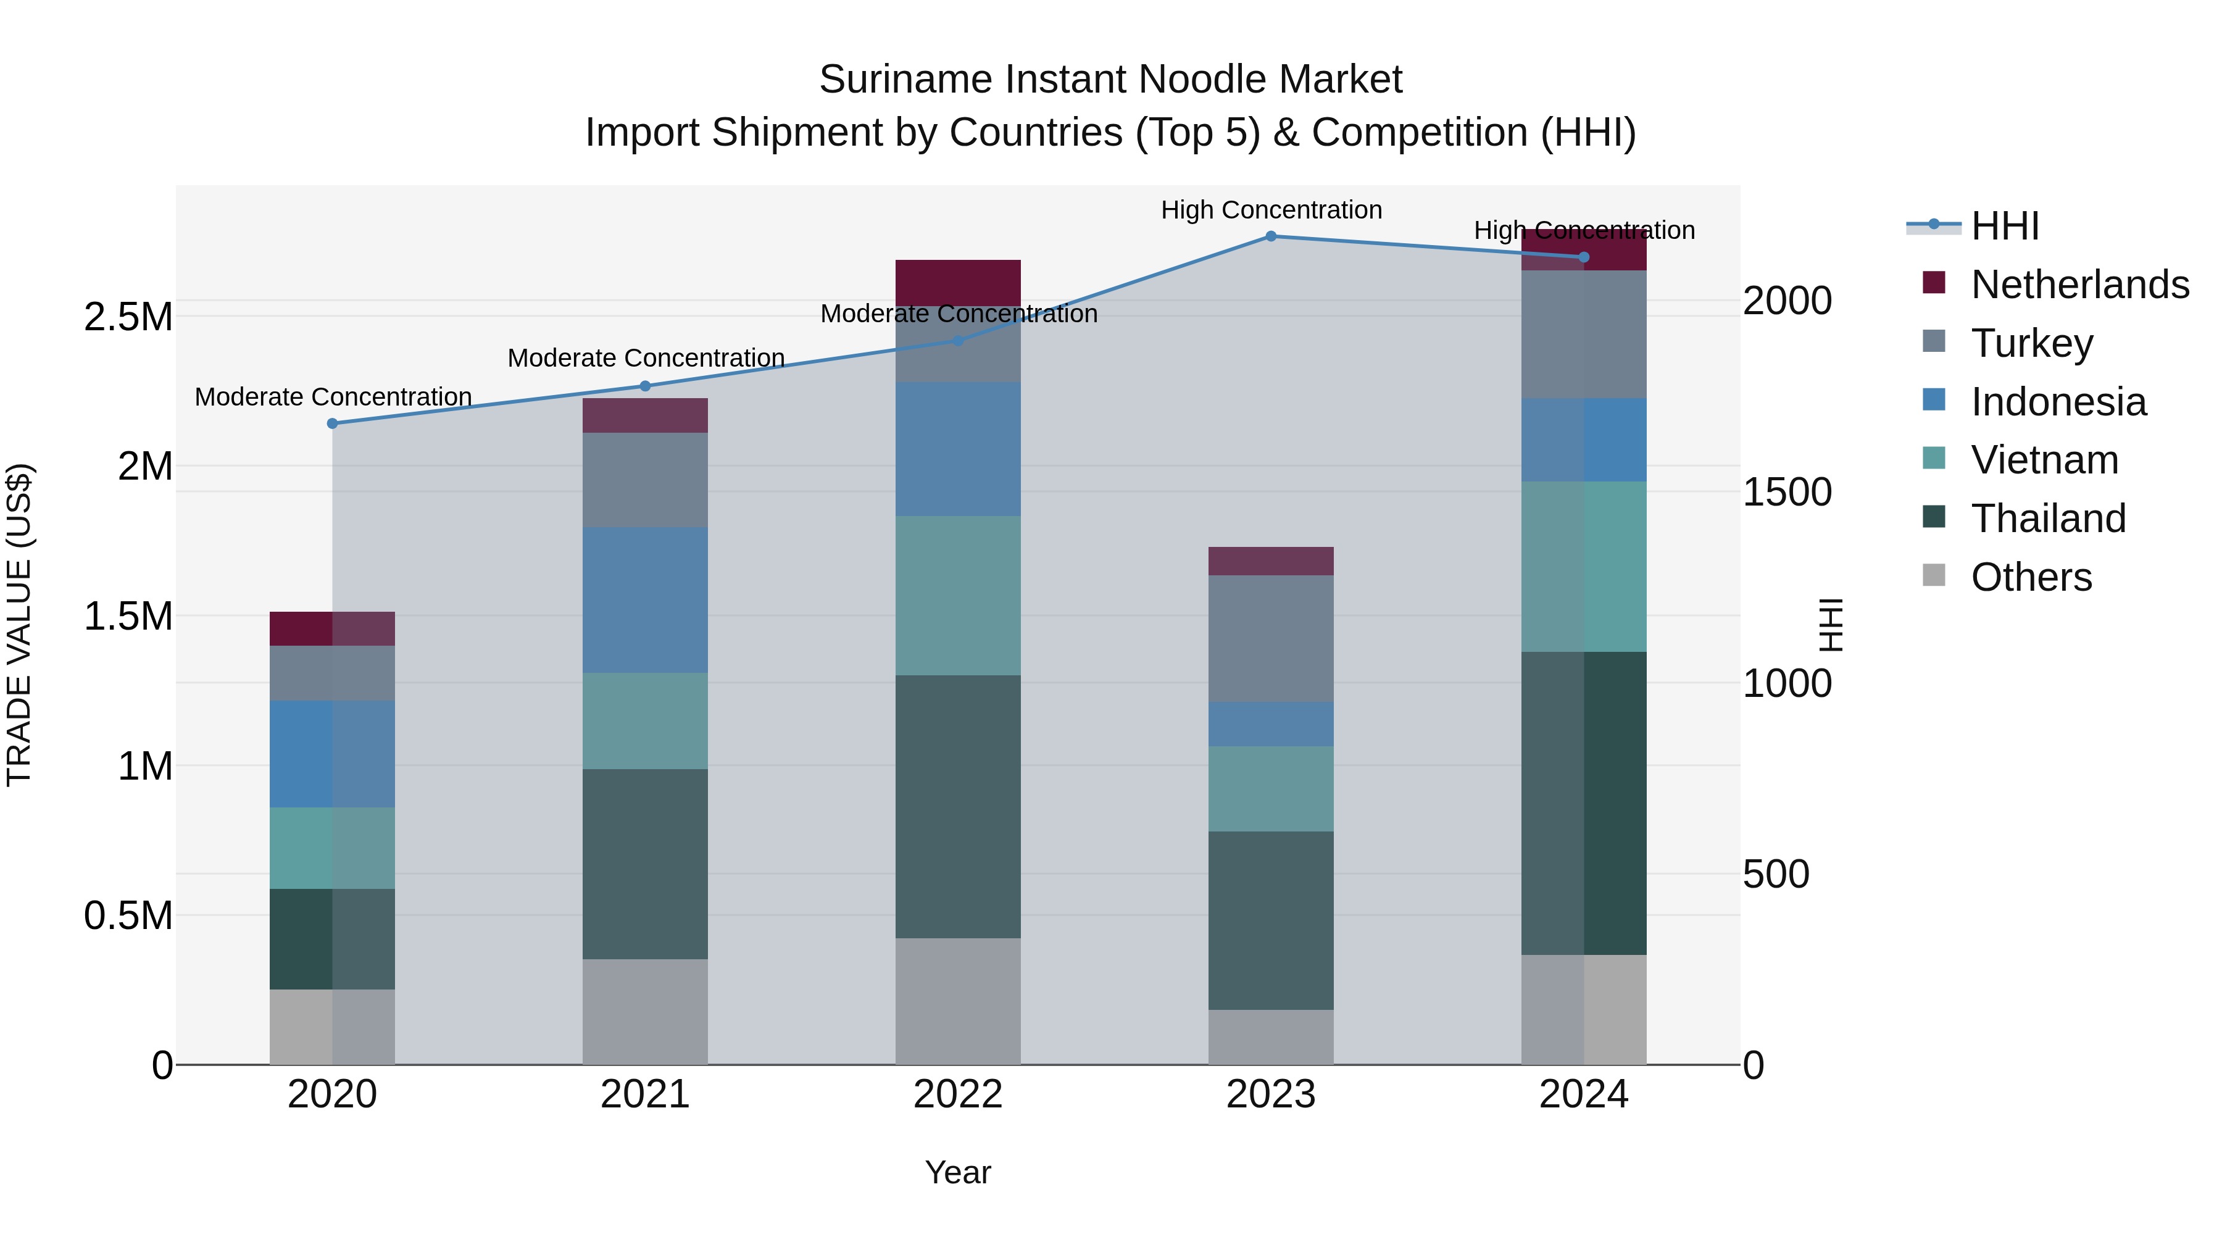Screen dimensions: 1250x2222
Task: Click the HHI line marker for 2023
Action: coord(1271,236)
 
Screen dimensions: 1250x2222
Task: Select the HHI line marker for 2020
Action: coord(332,423)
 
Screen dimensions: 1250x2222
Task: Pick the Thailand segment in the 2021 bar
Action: coord(644,864)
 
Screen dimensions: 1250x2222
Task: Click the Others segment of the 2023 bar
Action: coord(1271,1037)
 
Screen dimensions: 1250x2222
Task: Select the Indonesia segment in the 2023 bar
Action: coord(1271,725)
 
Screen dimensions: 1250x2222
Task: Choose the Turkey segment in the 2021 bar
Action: coord(644,480)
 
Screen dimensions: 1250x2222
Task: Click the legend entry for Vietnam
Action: coord(2044,460)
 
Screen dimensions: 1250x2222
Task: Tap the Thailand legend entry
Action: coord(2048,519)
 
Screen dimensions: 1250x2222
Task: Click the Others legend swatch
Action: coord(1934,575)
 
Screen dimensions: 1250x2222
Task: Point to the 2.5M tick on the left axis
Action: coord(128,317)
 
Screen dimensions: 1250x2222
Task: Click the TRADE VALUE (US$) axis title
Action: coord(19,625)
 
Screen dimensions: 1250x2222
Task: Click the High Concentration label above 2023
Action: coord(1271,210)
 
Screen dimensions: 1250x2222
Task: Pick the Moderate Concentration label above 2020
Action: coord(333,397)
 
